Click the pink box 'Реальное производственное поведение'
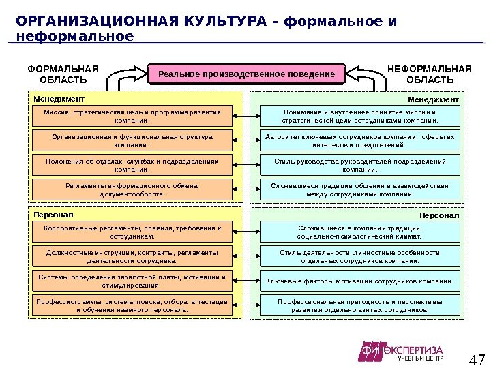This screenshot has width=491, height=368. [x=246, y=74]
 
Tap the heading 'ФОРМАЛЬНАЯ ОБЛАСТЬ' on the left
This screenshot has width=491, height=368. [x=63, y=74]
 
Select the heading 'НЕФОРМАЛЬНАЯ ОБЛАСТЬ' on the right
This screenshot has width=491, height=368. [x=429, y=74]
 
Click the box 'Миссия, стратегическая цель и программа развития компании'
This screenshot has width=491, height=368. [x=132, y=116]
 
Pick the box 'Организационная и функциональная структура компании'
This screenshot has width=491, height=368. [x=132, y=140]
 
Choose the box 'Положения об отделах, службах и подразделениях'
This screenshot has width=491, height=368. [x=132, y=165]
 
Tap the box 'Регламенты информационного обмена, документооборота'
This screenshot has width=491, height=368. [x=132, y=189]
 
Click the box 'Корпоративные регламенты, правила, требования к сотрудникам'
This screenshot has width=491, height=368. [x=132, y=232]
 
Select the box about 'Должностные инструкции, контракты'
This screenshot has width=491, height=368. [x=132, y=256]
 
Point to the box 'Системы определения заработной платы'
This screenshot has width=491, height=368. [x=132, y=281]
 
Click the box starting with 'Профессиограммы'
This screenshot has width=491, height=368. [x=132, y=305]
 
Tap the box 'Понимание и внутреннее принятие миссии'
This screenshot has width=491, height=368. [x=360, y=116]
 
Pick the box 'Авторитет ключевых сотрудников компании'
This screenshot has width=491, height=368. [x=360, y=140]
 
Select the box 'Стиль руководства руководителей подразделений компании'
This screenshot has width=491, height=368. [x=360, y=165]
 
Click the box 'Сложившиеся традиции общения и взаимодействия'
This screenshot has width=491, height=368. [x=360, y=189]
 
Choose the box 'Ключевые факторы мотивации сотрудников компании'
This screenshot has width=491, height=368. [x=360, y=281]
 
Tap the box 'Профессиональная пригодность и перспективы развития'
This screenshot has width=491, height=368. [x=360, y=305]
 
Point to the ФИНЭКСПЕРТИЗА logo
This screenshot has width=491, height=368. [x=402, y=352]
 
